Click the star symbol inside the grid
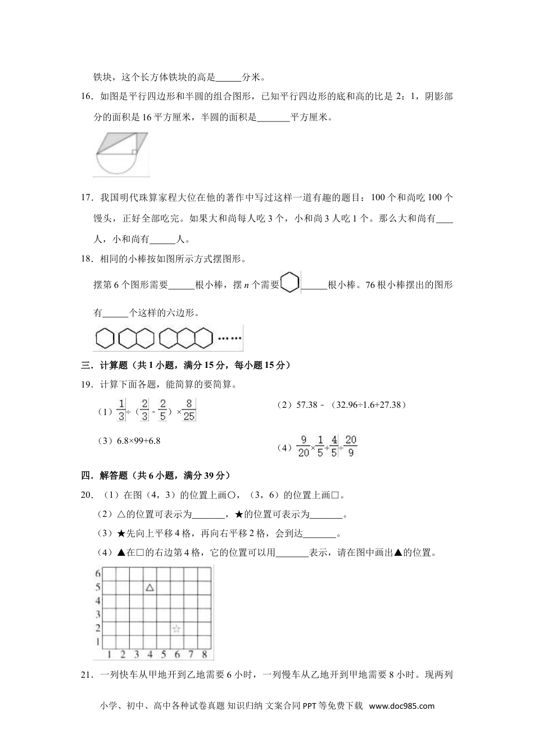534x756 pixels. [177, 629]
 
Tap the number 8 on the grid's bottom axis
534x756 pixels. [204, 654]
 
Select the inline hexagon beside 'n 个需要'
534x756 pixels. [290, 282]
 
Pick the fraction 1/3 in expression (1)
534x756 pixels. [121, 409]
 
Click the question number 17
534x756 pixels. [87, 197]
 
